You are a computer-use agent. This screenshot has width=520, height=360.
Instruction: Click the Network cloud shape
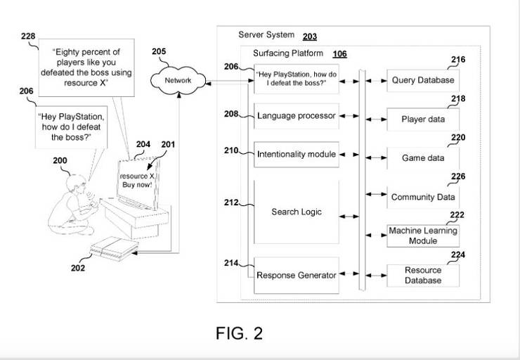(178, 80)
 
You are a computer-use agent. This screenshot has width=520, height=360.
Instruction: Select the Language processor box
(296, 115)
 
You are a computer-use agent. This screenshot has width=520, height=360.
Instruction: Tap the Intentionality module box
(296, 153)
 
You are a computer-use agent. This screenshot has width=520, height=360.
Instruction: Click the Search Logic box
(296, 212)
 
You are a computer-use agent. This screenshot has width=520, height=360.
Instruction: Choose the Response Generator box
(296, 275)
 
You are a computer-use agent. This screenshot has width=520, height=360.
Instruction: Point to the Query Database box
(423, 80)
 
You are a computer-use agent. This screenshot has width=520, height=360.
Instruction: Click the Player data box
(423, 119)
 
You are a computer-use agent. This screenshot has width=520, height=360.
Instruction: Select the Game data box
(423, 158)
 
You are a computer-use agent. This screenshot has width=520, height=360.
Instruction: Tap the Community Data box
(423, 197)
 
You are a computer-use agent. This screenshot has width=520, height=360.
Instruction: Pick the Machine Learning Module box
(423, 236)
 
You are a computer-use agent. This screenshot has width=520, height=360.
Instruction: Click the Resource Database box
(423, 275)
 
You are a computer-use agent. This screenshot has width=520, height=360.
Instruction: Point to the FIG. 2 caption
(239, 333)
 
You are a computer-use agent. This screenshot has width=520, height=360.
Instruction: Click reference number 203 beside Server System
(309, 37)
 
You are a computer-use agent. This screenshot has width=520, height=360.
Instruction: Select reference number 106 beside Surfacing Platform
(339, 53)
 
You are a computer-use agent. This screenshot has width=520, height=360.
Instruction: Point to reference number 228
(28, 38)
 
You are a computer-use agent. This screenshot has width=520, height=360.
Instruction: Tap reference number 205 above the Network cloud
(159, 51)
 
